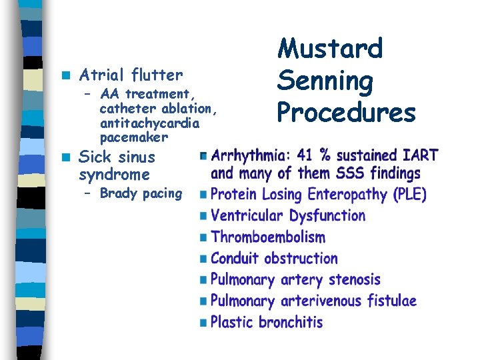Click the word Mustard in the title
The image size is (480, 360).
click(330, 49)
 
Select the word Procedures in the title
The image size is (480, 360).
click(346, 112)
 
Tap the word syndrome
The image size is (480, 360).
click(114, 175)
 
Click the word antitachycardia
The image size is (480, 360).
click(149, 123)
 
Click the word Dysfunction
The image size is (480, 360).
click(327, 216)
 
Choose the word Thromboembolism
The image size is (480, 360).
click(268, 237)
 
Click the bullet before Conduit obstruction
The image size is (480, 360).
click(204, 259)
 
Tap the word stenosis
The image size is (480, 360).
click(349, 280)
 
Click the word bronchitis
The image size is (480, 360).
click(291, 322)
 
